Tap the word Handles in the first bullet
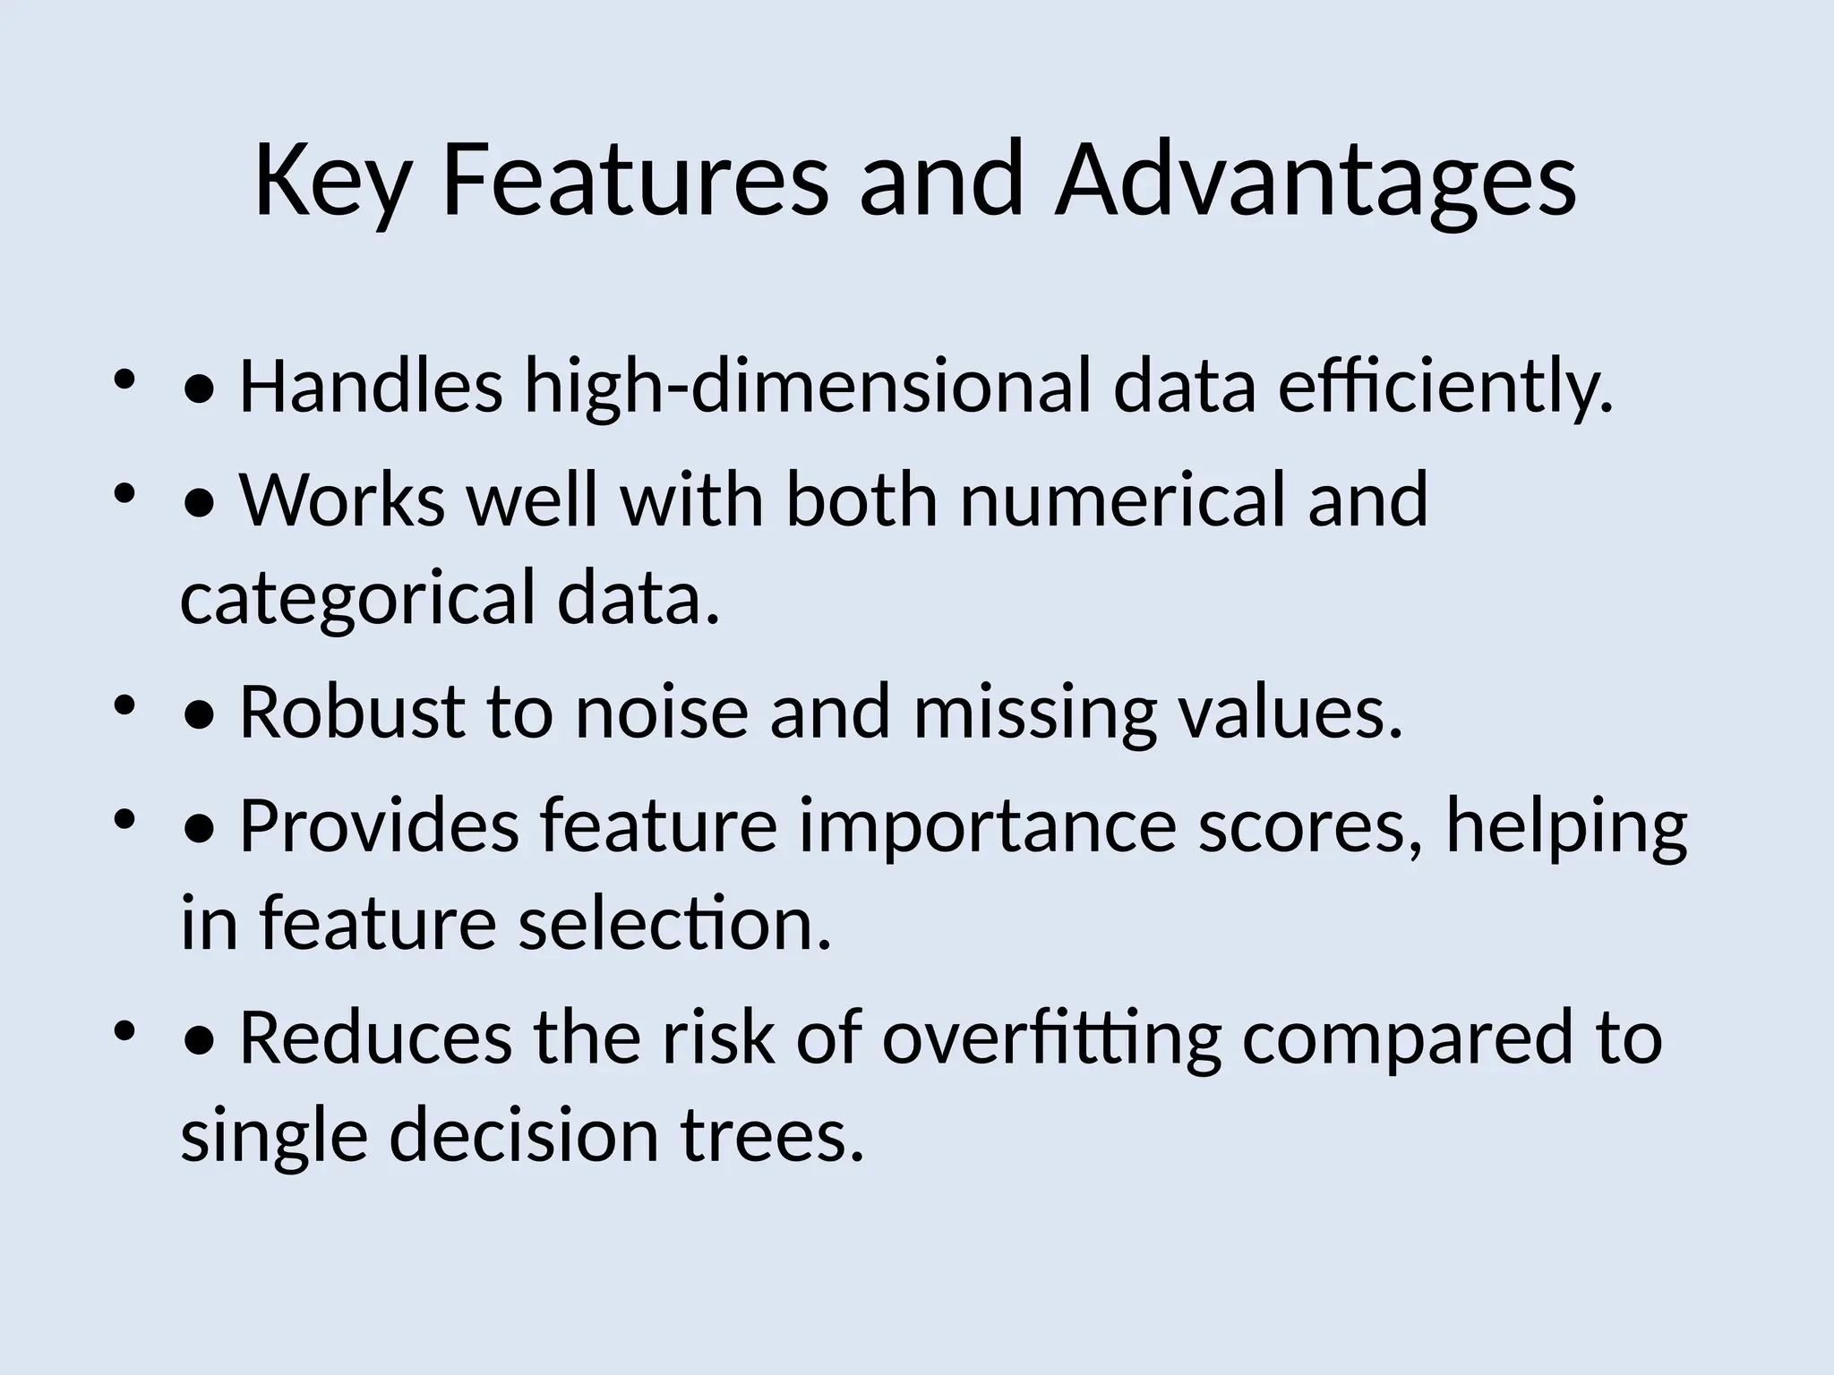(x=371, y=387)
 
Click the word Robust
(x=353, y=712)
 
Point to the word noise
(x=661, y=712)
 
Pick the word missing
(x=1034, y=712)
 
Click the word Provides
(x=380, y=825)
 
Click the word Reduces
(x=376, y=1038)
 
